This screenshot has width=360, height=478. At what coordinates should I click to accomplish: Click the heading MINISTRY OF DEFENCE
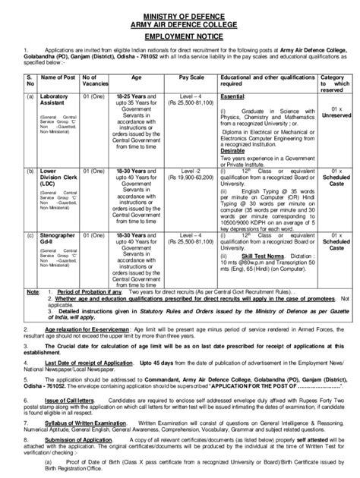point(180,16)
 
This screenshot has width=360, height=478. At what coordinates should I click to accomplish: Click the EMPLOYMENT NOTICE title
point(180,36)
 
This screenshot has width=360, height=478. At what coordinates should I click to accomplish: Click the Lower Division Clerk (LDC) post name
point(58,181)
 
